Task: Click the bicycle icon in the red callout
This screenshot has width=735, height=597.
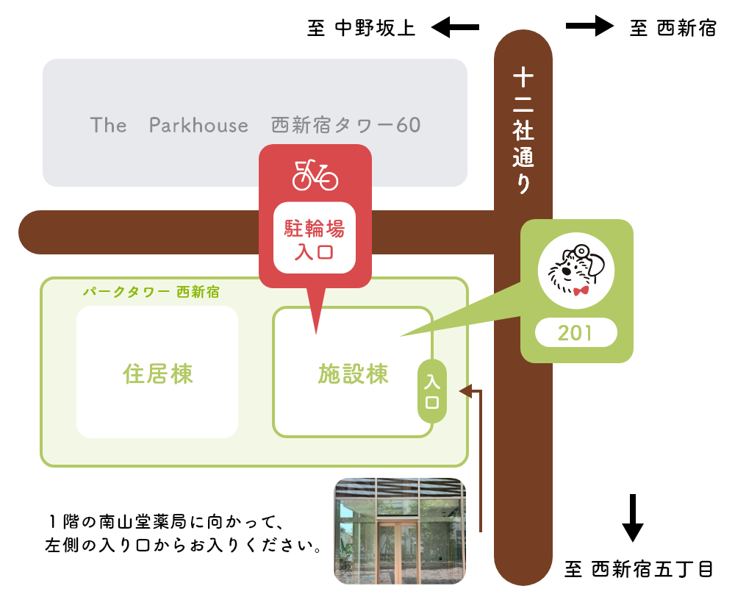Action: (315, 174)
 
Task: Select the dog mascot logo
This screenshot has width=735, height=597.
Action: (577, 270)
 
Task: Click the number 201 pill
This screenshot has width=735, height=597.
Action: (576, 333)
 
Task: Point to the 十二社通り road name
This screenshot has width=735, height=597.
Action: (523, 131)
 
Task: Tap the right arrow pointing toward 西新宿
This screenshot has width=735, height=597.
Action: (589, 27)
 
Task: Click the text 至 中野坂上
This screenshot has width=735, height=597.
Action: (361, 29)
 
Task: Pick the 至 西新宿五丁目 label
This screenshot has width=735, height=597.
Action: (639, 569)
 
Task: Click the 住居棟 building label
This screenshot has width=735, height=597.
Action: (157, 374)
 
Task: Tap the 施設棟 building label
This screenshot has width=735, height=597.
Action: (353, 374)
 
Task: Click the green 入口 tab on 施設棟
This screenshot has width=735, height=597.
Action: (432, 392)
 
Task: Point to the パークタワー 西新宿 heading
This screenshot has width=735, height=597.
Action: (151, 292)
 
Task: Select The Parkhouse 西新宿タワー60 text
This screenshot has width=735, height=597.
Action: (255, 125)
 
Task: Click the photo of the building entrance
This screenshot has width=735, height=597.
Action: (400, 530)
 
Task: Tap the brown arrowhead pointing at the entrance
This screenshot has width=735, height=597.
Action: (464, 391)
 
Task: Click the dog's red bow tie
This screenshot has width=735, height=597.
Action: (581, 290)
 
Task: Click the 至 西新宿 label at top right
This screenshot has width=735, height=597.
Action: (673, 29)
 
